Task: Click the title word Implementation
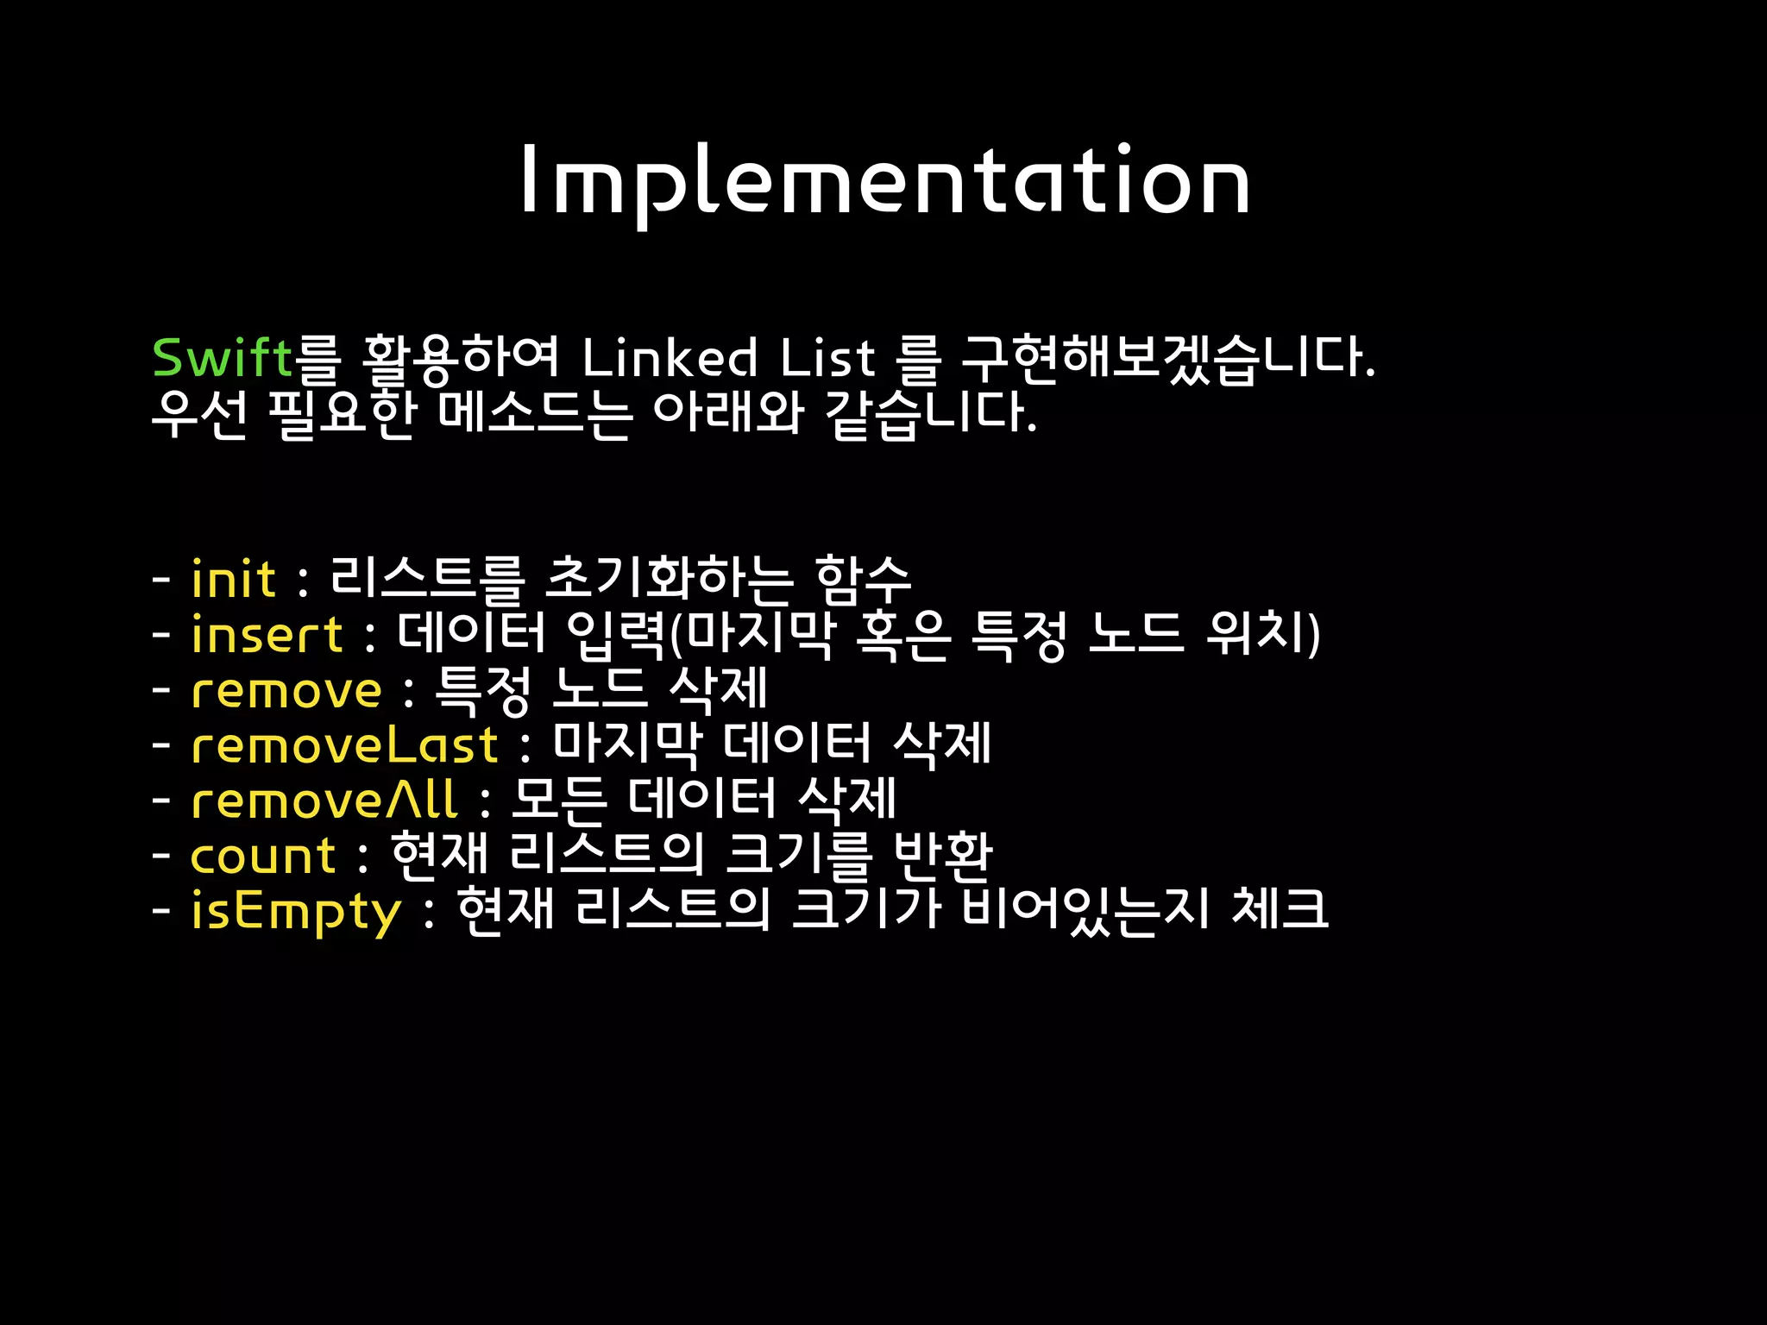tap(884, 181)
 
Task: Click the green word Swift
tap(223, 358)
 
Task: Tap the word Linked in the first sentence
tap(670, 358)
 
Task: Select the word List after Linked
tap(827, 358)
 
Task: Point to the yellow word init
tap(233, 579)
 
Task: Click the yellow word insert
tap(267, 635)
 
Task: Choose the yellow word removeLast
tap(344, 745)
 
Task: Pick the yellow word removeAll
tap(324, 801)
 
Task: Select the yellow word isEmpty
tap(296, 912)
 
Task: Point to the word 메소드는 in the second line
tap(535, 414)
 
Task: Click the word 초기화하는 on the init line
tap(669, 579)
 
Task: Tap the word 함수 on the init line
tap(862, 579)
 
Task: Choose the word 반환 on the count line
tap(942, 856)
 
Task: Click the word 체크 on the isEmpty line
tap(1280, 912)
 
